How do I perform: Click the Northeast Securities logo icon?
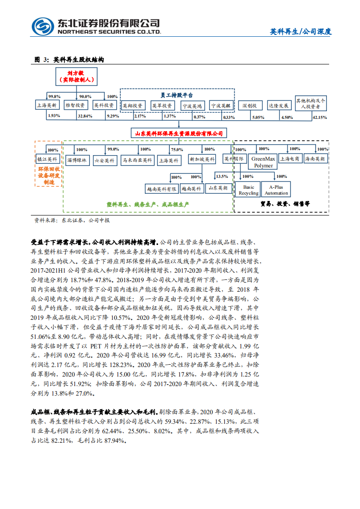point(43,26)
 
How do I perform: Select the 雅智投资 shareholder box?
point(75,105)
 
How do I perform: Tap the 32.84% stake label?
point(84,117)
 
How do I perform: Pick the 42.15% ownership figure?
point(319,117)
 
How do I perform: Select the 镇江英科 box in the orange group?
point(47,159)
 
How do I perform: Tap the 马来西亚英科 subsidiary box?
point(138,160)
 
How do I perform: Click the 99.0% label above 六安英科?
point(113,149)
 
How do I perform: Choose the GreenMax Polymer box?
point(263,162)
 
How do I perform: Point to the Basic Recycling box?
point(249,190)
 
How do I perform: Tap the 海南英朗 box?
point(315,159)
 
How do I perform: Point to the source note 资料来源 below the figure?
point(72,220)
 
